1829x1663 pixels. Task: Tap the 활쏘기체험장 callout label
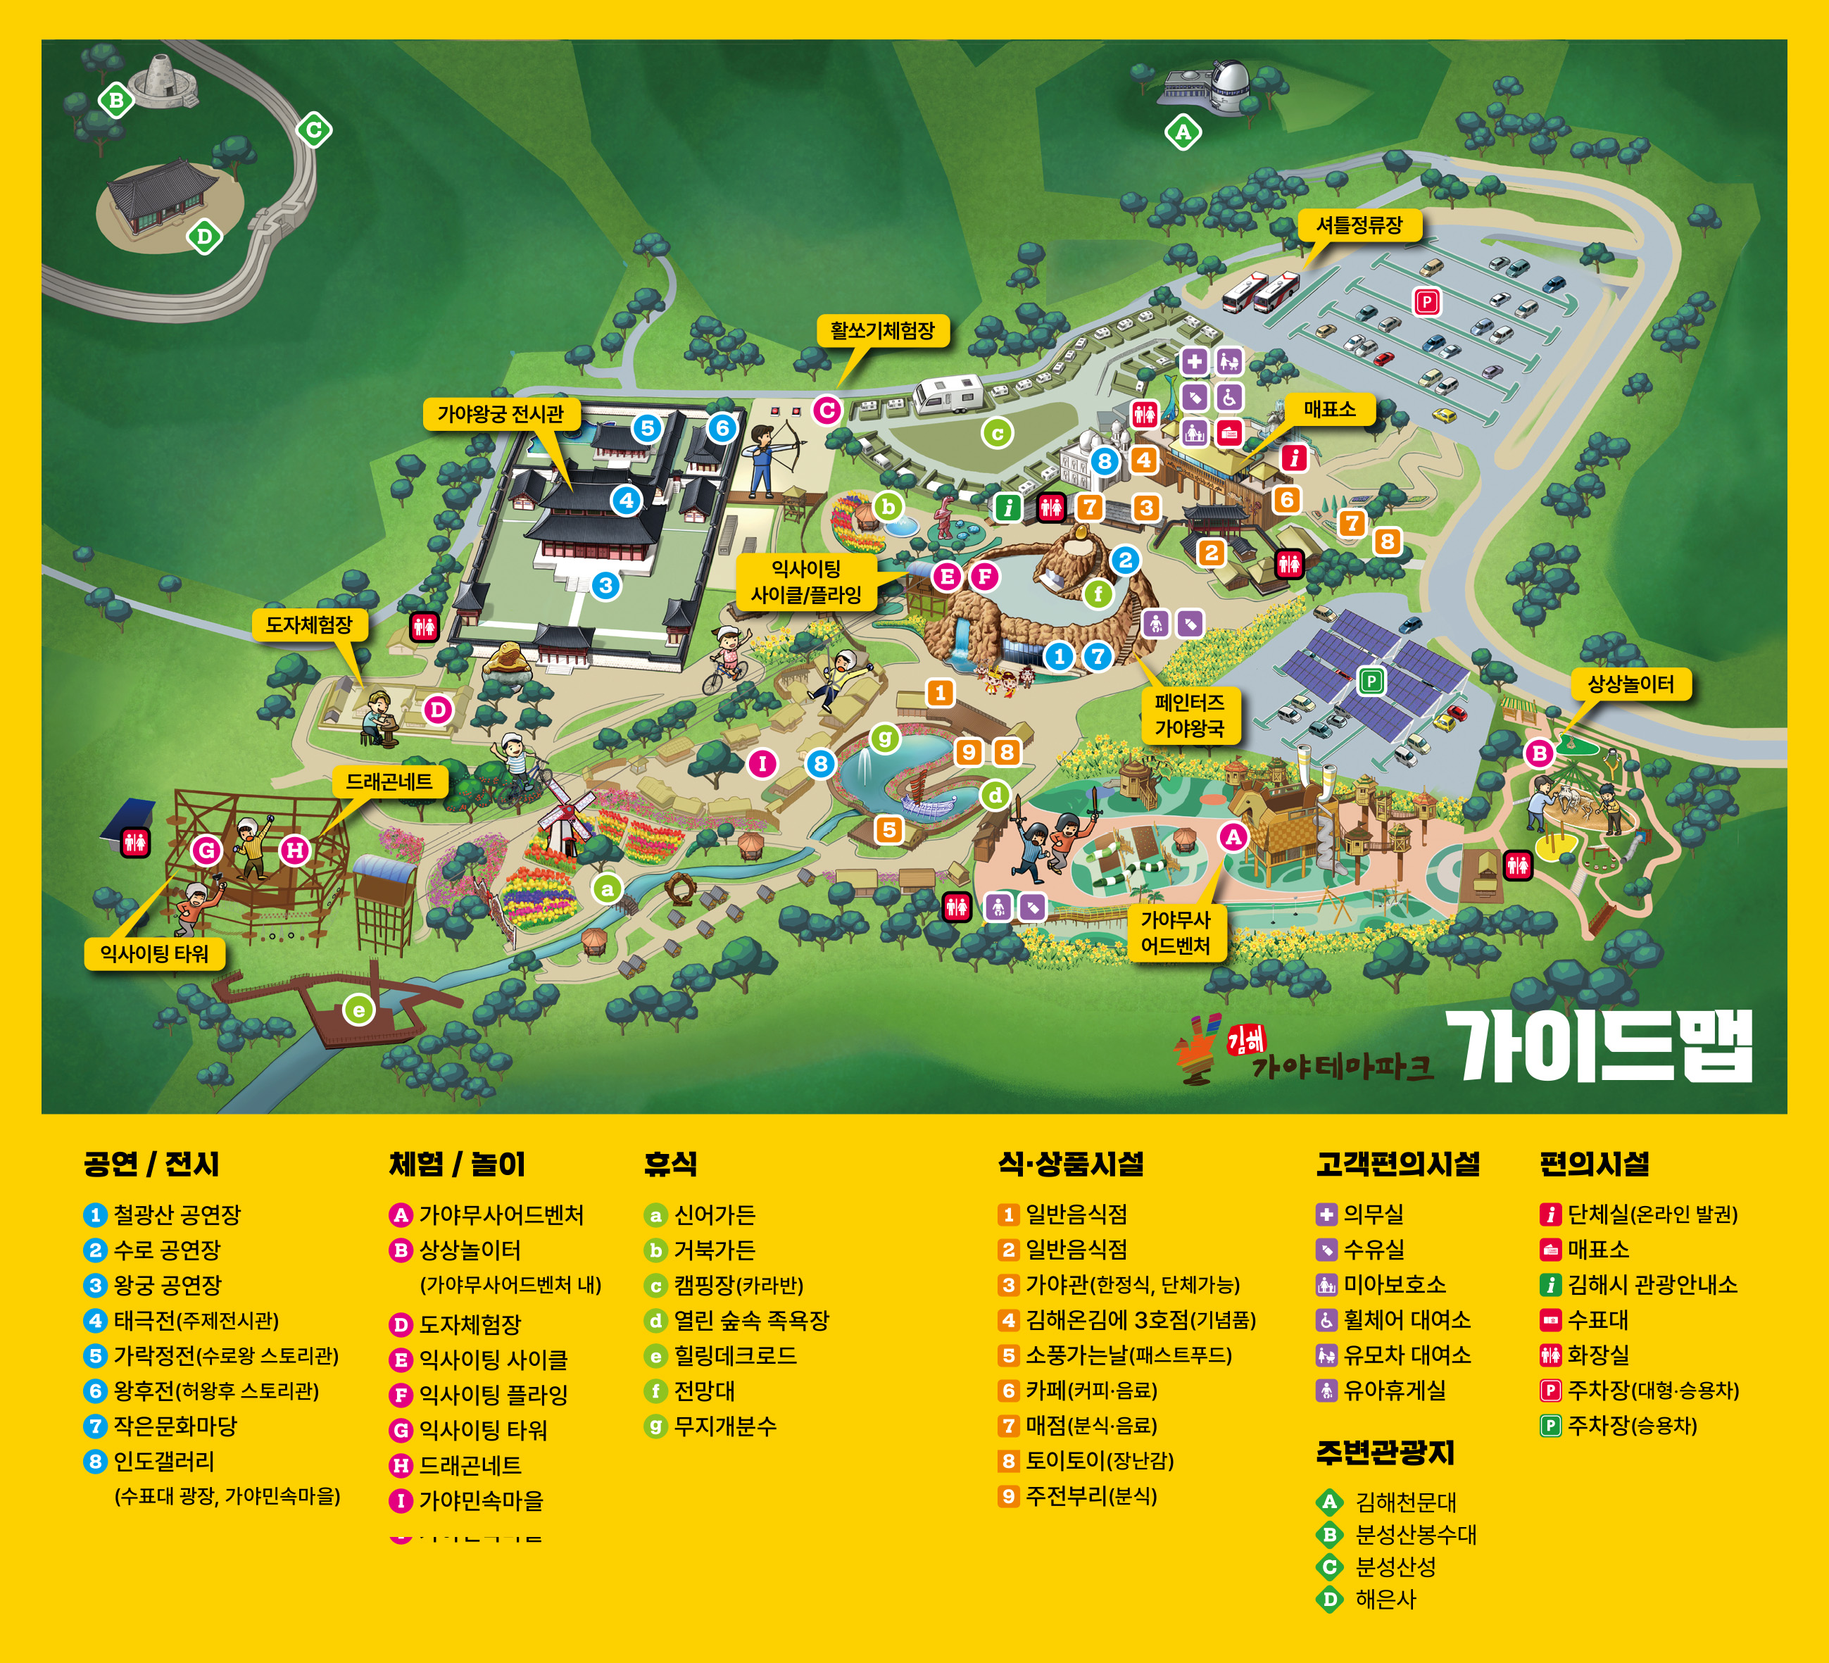(882, 330)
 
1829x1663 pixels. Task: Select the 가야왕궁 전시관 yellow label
(500, 414)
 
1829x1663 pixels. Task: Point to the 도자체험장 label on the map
(308, 625)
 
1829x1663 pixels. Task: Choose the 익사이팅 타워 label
(154, 953)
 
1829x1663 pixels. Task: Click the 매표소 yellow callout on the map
(1329, 409)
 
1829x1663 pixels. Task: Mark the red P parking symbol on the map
(1426, 301)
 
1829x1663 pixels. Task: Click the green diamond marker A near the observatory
(1182, 132)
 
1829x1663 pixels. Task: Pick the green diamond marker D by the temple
(204, 237)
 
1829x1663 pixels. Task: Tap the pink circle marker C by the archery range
(826, 410)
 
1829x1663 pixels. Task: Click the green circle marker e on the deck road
(358, 1010)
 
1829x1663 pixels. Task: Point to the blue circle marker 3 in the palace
(605, 585)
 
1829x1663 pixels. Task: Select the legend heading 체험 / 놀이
(456, 1164)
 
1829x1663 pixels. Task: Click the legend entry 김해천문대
(1404, 1502)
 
